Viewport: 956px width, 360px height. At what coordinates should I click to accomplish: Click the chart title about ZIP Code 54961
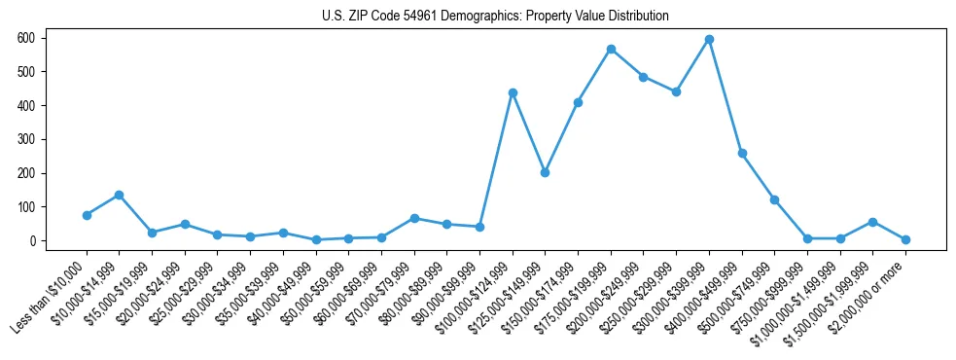[x=495, y=17]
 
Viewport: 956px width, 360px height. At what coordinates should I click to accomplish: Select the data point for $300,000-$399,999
[x=709, y=40]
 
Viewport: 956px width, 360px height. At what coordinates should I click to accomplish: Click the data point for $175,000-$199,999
[x=611, y=49]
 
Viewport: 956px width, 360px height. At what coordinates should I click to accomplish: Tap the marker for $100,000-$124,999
[x=513, y=92]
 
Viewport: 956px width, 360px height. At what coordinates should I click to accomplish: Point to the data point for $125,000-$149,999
[x=545, y=172]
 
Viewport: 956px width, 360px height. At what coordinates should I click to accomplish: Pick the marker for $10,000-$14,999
[x=119, y=195]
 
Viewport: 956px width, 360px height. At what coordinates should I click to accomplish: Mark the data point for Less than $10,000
[x=87, y=215]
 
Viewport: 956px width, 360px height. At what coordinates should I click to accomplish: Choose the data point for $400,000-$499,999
[x=742, y=153]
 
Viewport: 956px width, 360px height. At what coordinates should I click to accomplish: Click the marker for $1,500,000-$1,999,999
[x=872, y=222]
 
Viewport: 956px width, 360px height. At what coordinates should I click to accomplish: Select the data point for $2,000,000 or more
[x=905, y=239]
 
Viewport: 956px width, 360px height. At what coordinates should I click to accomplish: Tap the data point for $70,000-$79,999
[x=414, y=218]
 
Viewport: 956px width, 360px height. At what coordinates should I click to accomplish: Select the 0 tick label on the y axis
[x=32, y=240]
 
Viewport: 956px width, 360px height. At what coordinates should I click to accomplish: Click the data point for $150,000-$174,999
[x=578, y=102]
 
